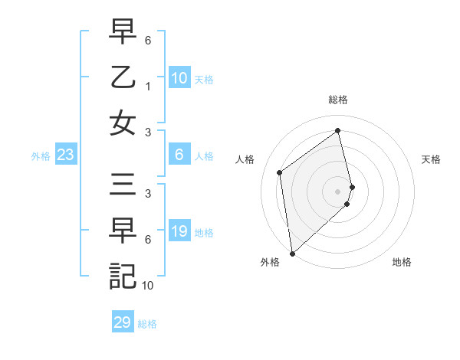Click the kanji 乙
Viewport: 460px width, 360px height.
[x=122, y=77]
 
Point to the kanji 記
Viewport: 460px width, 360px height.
[x=122, y=275]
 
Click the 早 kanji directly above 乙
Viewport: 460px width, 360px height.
[x=122, y=33]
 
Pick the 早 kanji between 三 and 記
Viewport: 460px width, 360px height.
[x=122, y=231]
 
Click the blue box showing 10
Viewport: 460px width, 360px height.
[x=179, y=78]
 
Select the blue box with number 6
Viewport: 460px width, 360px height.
[x=179, y=155]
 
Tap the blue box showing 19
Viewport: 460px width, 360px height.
[x=179, y=231]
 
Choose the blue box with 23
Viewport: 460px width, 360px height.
[x=65, y=155]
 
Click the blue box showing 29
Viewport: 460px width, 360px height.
[x=122, y=322]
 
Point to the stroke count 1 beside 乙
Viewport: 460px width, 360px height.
[x=148, y=87]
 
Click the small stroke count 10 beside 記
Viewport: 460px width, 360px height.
[x=148, y=286]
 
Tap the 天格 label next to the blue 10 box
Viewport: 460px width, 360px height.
[x=204, y=79]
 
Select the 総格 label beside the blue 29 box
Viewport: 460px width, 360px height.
[x=147, y=323]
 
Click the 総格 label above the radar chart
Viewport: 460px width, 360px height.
[x=337, y=100]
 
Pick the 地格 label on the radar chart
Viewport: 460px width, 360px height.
[x=402, y=262]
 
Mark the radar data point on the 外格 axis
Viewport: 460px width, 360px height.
[x=291, y=253]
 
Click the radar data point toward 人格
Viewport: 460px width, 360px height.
[x=280, y=172]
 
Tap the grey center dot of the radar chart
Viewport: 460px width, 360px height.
[x=337, y=190]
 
